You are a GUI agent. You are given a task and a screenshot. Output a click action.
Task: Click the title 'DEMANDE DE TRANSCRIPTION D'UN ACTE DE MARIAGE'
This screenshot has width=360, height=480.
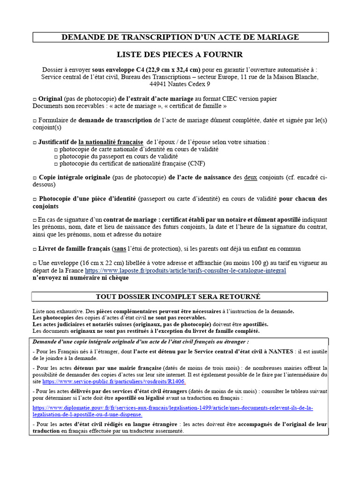pyautogui.click(x=180, y=37)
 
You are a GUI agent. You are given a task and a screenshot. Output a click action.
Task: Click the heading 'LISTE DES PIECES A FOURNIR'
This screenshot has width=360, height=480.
pyautogui.click(x=180, y=54)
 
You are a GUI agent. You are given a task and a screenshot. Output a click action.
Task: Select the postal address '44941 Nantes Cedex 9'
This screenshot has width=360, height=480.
pyautogui.click(x=180, y=84)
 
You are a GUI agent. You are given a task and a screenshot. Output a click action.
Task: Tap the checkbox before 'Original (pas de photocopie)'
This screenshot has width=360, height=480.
pyautogui.click(x=35, y=99)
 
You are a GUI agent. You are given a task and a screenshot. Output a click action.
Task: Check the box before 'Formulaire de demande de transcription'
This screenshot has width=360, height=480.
pyautogui.click(x=35, y=120)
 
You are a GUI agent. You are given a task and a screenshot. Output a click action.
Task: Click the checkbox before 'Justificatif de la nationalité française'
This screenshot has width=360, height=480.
pyautogui.click(x=35, y=142)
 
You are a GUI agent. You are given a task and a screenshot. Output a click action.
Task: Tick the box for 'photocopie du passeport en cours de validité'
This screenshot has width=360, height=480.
pyautogui.click(x=55, y=157)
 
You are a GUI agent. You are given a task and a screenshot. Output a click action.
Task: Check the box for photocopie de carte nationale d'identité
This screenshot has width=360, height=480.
pyautogui.click(x=55, y=149)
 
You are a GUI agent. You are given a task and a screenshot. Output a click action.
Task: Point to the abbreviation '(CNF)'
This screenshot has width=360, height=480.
pyautogui.click(x=196, y=164)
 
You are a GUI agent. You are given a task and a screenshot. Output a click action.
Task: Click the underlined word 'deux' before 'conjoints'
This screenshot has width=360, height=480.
pyautogui.click(x=251, y=178)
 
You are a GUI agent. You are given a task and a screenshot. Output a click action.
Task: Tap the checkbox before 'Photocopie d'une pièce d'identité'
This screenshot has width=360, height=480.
pyautogui.click(x=35, y=199)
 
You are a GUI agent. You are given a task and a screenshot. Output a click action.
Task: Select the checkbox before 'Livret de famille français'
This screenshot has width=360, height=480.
pyautogui.click(x=35, y=249)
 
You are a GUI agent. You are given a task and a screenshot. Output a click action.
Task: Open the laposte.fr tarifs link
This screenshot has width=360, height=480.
pyautogui.click(x=185, y=270)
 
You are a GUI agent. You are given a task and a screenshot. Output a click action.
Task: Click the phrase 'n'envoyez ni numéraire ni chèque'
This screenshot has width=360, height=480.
pyautogui.click(x=81, y=277)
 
